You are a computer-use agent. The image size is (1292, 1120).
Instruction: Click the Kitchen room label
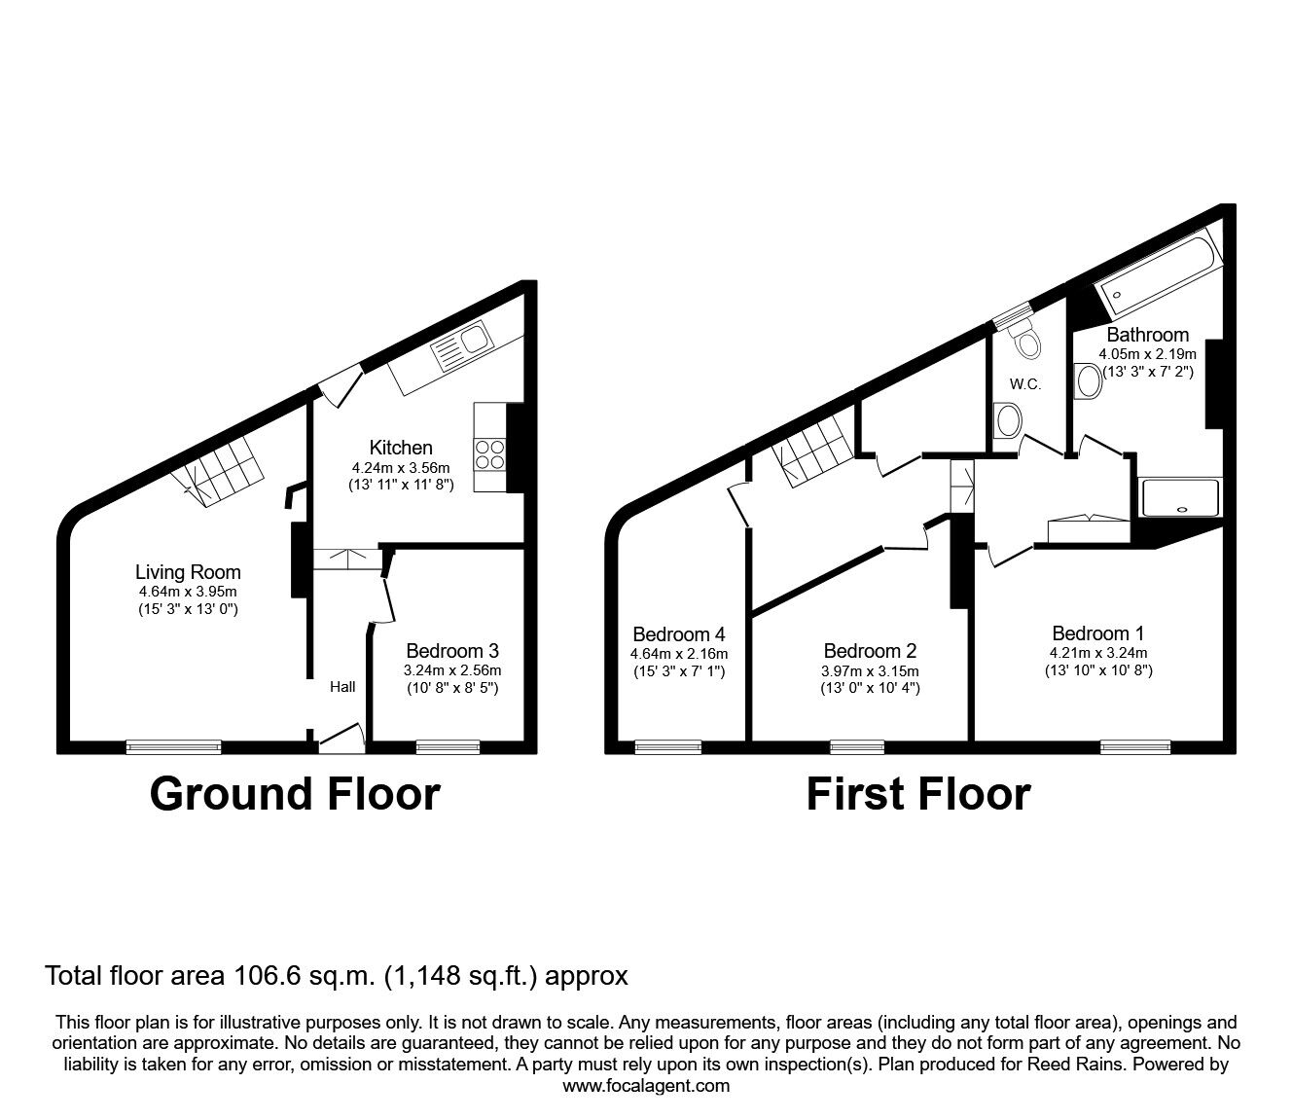click(x=401, y=448)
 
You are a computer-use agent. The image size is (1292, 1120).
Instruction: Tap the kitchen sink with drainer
click(x=461, y=345)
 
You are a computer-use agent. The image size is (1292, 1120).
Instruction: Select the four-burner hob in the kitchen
click(x=490, y=454)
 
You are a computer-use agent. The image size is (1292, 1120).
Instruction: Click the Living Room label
click(x=188, y=572)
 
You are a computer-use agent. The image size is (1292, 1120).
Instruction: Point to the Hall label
click(x=342, y=687)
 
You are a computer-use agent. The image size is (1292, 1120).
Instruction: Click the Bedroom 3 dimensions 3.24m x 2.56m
click(x=452, y=670)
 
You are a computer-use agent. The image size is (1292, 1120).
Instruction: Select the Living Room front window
click(x=174, y=747)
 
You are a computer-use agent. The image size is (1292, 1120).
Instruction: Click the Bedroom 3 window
click(x=449, y=747)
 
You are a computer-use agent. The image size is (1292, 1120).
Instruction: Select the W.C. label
click(x=1025, y=384)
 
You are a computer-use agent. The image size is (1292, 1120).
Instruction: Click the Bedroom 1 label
click(x=1098, y=633)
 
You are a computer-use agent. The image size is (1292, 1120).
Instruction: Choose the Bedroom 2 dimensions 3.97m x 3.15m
click(x=870, y=671)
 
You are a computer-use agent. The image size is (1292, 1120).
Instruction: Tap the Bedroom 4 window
click(x=668, y=747)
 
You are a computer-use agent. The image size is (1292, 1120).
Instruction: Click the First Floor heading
click(x=918, y=794)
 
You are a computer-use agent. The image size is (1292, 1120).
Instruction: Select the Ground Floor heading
click(x=295, y=794)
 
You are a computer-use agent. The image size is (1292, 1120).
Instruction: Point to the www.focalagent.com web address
click(x=646, y=1086)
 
